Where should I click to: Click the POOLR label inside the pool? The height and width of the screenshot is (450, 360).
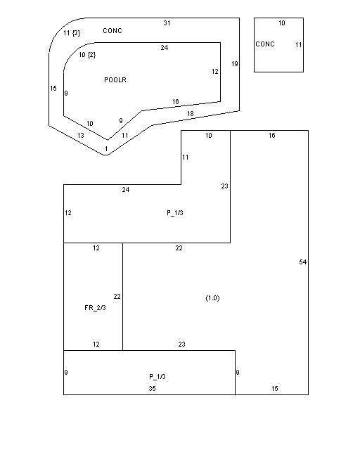pos(115,79)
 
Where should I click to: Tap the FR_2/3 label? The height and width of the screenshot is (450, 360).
pos(96,308)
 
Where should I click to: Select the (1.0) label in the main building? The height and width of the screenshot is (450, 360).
pos(213,298)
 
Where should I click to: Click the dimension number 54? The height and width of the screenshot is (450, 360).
pos(303,262)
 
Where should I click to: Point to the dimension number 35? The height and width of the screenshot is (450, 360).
pos(152,388)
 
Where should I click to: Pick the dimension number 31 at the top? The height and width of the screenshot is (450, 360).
pos(167,23)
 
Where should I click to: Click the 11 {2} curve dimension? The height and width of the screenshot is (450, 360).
pos(72,33)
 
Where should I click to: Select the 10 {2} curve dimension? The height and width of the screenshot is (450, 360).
pos(87,55)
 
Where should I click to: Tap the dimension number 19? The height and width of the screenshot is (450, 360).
pos(235,64)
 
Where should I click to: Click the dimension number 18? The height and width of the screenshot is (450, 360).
pos(191,114)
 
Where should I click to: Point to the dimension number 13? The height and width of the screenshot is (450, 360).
pos(81,135)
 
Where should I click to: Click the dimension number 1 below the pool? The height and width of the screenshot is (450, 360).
pos(106,149)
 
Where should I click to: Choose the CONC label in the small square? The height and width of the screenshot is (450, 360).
pos(265,44)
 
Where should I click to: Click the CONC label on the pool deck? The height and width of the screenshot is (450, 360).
pos(112,31)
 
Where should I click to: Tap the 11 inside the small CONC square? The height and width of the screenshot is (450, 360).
pos(299,45)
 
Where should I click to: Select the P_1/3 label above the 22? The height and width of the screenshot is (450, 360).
pos(175,213)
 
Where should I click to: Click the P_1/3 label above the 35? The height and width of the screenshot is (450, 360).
pos(157,377)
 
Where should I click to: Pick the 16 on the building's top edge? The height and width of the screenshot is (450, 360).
pos(272,135)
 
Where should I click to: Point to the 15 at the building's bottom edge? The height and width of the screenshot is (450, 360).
pos(275,388)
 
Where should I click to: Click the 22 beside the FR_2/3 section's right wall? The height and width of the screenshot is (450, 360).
pos(117,297)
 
